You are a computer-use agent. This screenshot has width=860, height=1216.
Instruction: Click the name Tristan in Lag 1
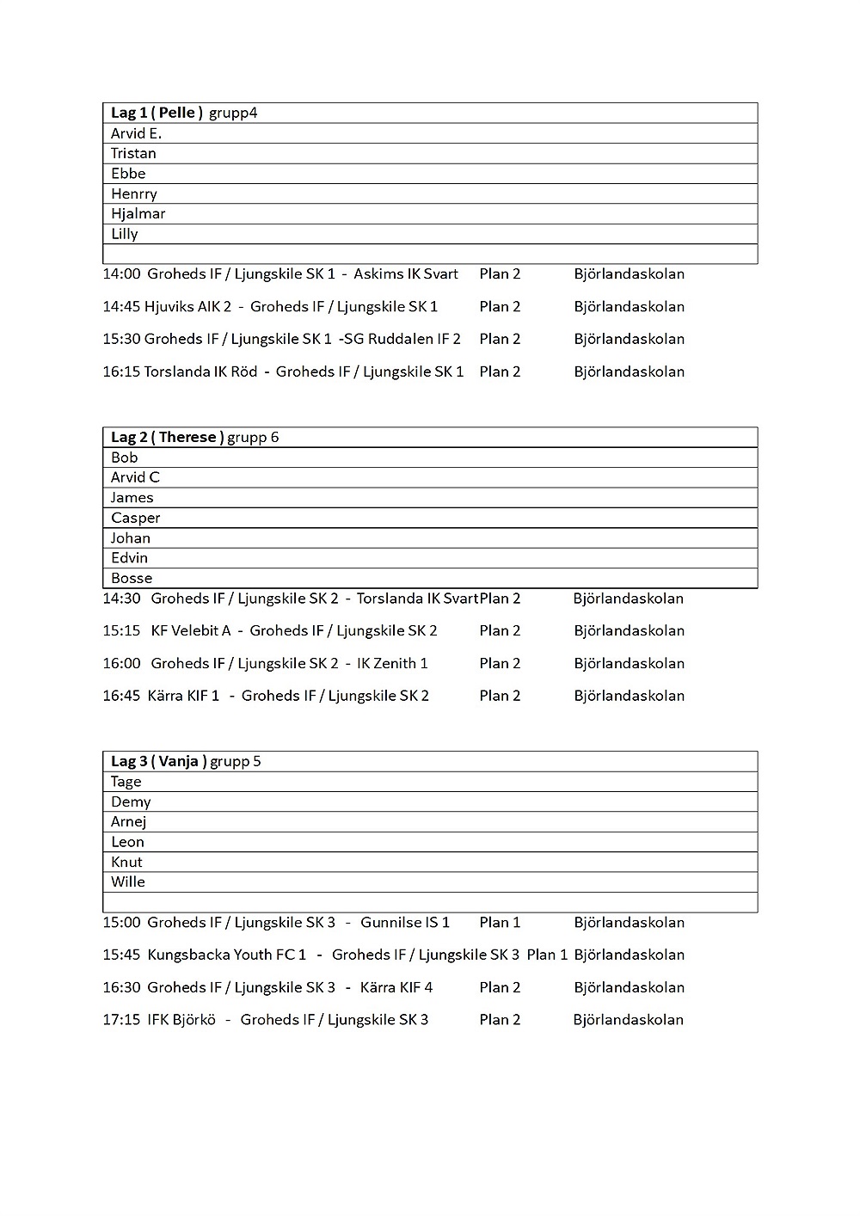[133, 153]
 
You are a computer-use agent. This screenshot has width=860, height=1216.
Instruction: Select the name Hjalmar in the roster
[138, 213]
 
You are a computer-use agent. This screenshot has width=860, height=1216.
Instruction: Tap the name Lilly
[124, 234]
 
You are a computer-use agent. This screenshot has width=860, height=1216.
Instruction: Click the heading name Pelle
[177, 113]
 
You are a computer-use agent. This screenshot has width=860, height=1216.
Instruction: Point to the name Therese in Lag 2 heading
[187, 437]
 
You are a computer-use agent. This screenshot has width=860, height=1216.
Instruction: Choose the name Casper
[135, 518]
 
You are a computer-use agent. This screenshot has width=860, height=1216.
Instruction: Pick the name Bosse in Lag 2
[131, 578]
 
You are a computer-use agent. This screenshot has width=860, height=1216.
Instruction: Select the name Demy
[131, 801]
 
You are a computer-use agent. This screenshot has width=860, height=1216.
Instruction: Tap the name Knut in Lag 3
[126, 862]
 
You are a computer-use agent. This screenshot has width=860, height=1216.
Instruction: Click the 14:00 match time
[121, 273]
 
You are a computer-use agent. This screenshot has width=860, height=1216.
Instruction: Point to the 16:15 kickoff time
[120, 372]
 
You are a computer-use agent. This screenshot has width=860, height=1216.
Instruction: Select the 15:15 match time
[121, 630]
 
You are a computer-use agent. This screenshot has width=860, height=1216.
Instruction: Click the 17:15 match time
[121, 1019]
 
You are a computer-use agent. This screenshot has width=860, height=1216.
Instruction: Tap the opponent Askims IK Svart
[406, 273]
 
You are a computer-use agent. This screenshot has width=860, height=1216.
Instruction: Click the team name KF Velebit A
[191, 630]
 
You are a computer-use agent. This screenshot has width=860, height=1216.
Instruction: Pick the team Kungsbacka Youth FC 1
[227, 955]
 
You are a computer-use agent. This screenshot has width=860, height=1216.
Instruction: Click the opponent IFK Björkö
[181, 1019]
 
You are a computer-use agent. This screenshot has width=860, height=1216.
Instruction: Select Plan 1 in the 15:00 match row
[500, 922]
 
